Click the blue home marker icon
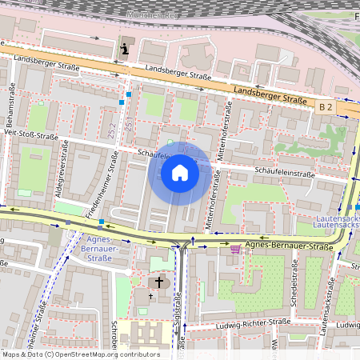[180, 172]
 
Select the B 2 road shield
[325, 106]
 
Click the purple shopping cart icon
[234, 250]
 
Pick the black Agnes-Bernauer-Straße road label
[288, 247]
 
